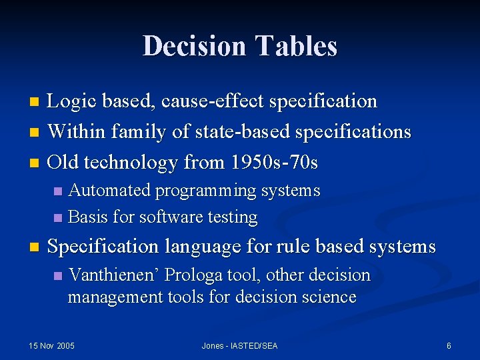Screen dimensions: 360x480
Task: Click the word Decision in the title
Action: click(x=194, y=46)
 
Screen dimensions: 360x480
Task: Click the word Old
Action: click(x=65, y=161)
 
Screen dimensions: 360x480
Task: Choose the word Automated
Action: click(x=110, y=191)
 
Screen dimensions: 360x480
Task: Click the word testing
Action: click(x=233, y=217)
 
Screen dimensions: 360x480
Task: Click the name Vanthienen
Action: click(x=114, y=275)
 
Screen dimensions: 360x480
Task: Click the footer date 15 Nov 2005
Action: click(x=52, y=345)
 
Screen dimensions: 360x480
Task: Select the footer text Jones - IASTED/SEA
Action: click(x=239, y=345)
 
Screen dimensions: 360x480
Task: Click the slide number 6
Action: click(x=449, y=345)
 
